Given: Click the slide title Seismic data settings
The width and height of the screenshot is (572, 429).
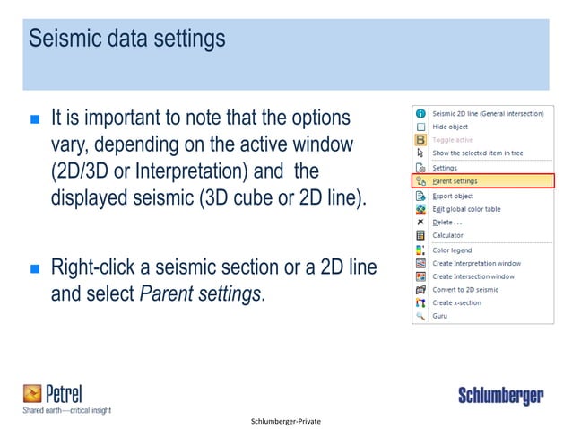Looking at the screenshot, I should pyautogui.click(x=127, y=40).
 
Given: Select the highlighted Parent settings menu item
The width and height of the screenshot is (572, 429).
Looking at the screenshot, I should pyautogui.click(x=455, y=180).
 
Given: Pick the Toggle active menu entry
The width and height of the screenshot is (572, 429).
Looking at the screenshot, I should pyautogui.click(x=454, y=140).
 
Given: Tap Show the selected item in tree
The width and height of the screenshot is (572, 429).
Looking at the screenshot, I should pyautogui.click(x=478, y=153).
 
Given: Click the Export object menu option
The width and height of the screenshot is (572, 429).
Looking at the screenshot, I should pyautogui.click(x=453, y=195).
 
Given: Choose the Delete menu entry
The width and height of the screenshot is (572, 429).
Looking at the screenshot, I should pyautogui.click(x=447, y=222).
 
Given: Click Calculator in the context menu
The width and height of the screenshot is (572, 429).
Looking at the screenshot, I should pyautogui.click(x=447, y=235).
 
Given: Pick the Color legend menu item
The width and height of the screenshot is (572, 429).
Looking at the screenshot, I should pyautogui.click(x=452, y=250).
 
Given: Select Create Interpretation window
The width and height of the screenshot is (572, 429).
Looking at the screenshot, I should pyautogui.click(x=476, y=263).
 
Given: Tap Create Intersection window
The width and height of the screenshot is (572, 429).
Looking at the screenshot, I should pyautogui.click(x=473, y=276).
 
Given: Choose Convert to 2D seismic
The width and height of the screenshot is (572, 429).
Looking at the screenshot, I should pyautogui.click(x=466, y=290).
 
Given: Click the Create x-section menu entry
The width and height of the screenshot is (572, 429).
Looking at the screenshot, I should pyautogui.click(x=456, y=303).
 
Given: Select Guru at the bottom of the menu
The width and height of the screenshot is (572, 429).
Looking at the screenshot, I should pyautogui.click(x=440, y=317).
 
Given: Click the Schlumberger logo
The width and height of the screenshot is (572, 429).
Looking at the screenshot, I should pyautogui.click(x=499, y=395).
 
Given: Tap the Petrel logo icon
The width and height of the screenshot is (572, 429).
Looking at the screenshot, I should pyautogui.click(x=33, y=392).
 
